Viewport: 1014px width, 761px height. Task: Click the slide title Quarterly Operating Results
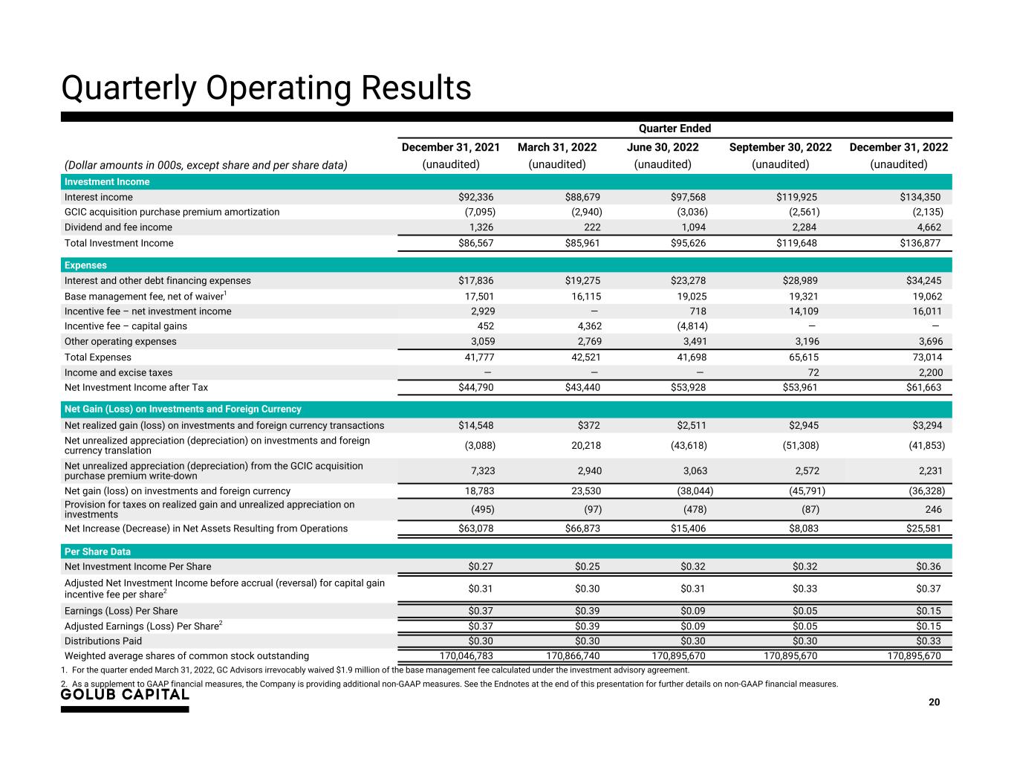266,88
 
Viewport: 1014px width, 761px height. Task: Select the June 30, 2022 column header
663,147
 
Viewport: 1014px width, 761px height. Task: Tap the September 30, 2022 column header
780,147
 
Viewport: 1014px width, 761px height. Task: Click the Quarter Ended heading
675,129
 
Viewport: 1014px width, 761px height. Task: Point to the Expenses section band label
85,265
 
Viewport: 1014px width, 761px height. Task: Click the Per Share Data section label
97,551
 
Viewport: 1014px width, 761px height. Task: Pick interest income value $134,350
920,198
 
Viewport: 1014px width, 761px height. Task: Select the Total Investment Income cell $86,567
475,243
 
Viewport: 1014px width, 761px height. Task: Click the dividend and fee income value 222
592,227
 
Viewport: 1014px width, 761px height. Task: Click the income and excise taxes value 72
812,372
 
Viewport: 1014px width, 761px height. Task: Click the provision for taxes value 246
933,510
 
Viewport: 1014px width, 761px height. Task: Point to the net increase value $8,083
800,528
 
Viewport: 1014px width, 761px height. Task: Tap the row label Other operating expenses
120,342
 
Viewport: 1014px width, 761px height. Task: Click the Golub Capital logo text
125,695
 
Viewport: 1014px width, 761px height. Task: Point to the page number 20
934,702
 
